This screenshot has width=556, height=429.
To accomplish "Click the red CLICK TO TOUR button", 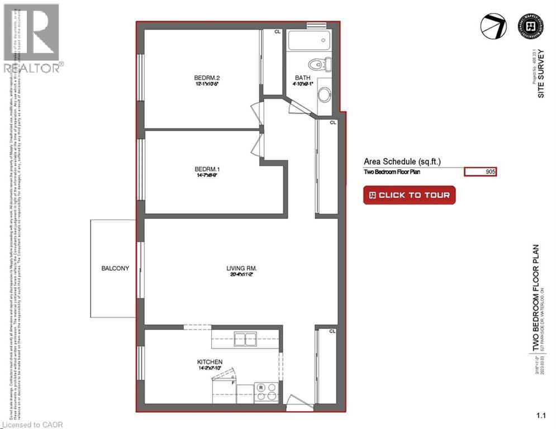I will [x=410, y=196].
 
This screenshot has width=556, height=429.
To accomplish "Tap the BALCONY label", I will [x=115, y=268].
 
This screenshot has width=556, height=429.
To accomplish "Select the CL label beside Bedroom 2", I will [x=277, y=32].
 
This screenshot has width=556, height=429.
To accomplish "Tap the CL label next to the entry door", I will [x=332, y=331].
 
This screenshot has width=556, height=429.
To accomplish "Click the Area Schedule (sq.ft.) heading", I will [x=402, y=161].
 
